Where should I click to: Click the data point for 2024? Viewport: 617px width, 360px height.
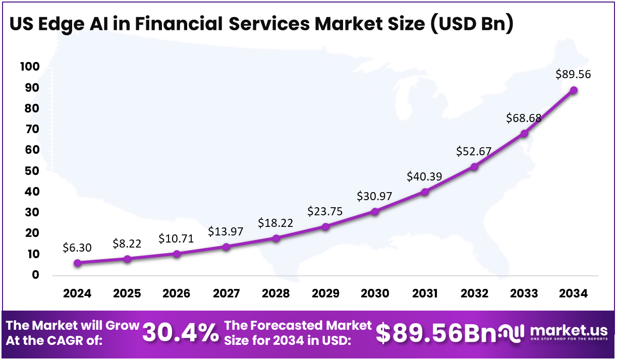(77, 263)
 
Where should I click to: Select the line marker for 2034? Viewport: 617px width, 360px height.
(574, 90)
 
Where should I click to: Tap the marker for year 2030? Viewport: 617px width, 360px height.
(375, 211)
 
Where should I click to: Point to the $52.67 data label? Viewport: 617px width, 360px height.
(474, 151)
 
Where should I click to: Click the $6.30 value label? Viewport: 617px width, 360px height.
(77, 247)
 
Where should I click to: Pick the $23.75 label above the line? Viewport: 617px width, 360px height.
(325, 211)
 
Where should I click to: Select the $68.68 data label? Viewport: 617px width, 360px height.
(524, 118)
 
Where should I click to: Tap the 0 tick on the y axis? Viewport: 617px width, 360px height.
(35, 275)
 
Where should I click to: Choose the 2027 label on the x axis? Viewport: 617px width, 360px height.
(226, 293)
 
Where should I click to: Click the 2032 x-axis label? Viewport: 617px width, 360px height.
(474, 293)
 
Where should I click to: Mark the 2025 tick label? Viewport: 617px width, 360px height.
(127, 293)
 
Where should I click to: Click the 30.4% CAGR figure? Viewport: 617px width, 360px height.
(181, 333)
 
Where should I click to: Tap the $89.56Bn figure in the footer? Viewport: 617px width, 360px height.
(436, 332)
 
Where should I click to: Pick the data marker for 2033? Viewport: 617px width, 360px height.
(524, 134)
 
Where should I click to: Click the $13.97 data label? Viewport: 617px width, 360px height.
(226, 232)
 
